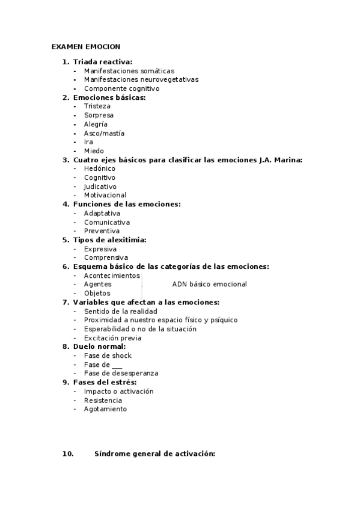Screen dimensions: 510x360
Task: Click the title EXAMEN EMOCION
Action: point(86,46)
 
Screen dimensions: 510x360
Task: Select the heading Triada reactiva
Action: point(103,61)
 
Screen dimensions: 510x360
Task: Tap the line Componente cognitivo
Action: point(121,88)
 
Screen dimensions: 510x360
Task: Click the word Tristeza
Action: point(97,106)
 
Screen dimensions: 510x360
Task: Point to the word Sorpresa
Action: point(99,115)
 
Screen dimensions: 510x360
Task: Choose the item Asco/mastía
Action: point(104,133)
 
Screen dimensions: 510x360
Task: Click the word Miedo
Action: point(94,151)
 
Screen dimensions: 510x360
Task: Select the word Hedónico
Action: point(100,168)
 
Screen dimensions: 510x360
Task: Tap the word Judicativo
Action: point(100,186)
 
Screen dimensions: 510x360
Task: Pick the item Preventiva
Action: point(102,231)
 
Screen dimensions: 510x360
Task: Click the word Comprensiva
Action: point(106,258)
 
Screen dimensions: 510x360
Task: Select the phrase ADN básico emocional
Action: point(209,284)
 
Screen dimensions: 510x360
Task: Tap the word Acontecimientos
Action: point(112,275)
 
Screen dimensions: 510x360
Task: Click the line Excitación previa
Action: point(112,338)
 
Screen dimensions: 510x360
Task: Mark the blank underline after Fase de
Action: point(117,365)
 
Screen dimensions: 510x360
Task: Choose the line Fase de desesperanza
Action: point(121,373)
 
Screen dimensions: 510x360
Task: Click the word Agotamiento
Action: point(105,409)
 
